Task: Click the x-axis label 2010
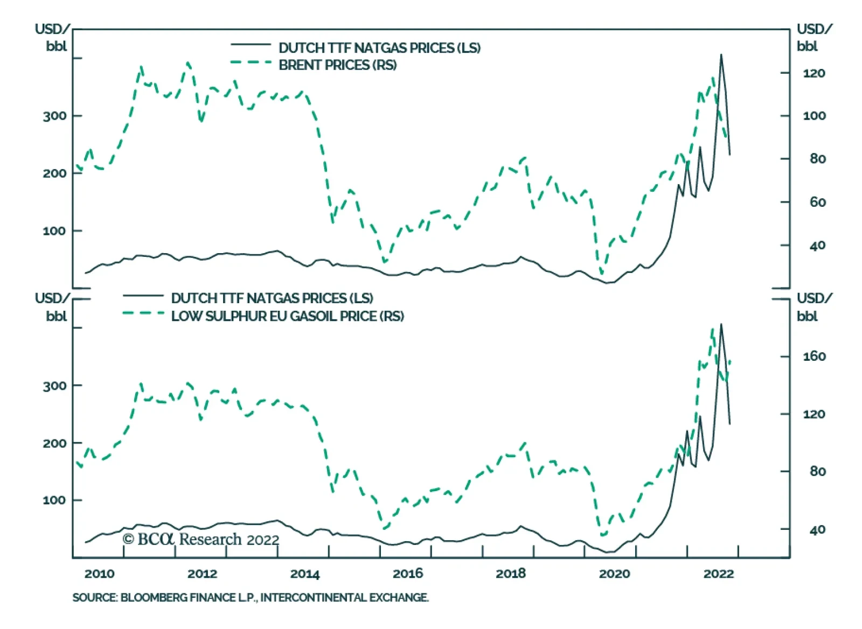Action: click(x=99, y=574)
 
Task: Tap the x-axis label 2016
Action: click(x=408, y=574)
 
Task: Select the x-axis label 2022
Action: click(x=718, y=574)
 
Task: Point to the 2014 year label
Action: click(x=305, y=574)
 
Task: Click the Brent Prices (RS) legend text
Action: click(x=337, y=65)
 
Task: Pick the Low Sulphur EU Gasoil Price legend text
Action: click(x=287, y=316)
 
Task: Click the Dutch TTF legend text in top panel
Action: click(x=379, y=48)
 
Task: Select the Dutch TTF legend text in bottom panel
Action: click(x=272, y=298)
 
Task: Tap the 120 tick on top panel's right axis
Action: click(x=814, y=73)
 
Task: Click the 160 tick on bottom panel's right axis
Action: click(x=814, y=357)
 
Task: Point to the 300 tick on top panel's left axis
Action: click(x=55, y=116)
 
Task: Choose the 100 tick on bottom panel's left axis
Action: click(x=55, y=500)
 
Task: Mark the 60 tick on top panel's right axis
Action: click(x=817, y=202)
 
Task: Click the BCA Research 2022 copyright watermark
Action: click(x=201, y=539)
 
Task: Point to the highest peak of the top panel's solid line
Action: click(x=721, y=54)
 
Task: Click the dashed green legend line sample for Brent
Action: click(x=251, y=62)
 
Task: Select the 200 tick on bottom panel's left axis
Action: click(x=55, y=443)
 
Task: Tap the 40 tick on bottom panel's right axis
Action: click(x=817, y=530)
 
